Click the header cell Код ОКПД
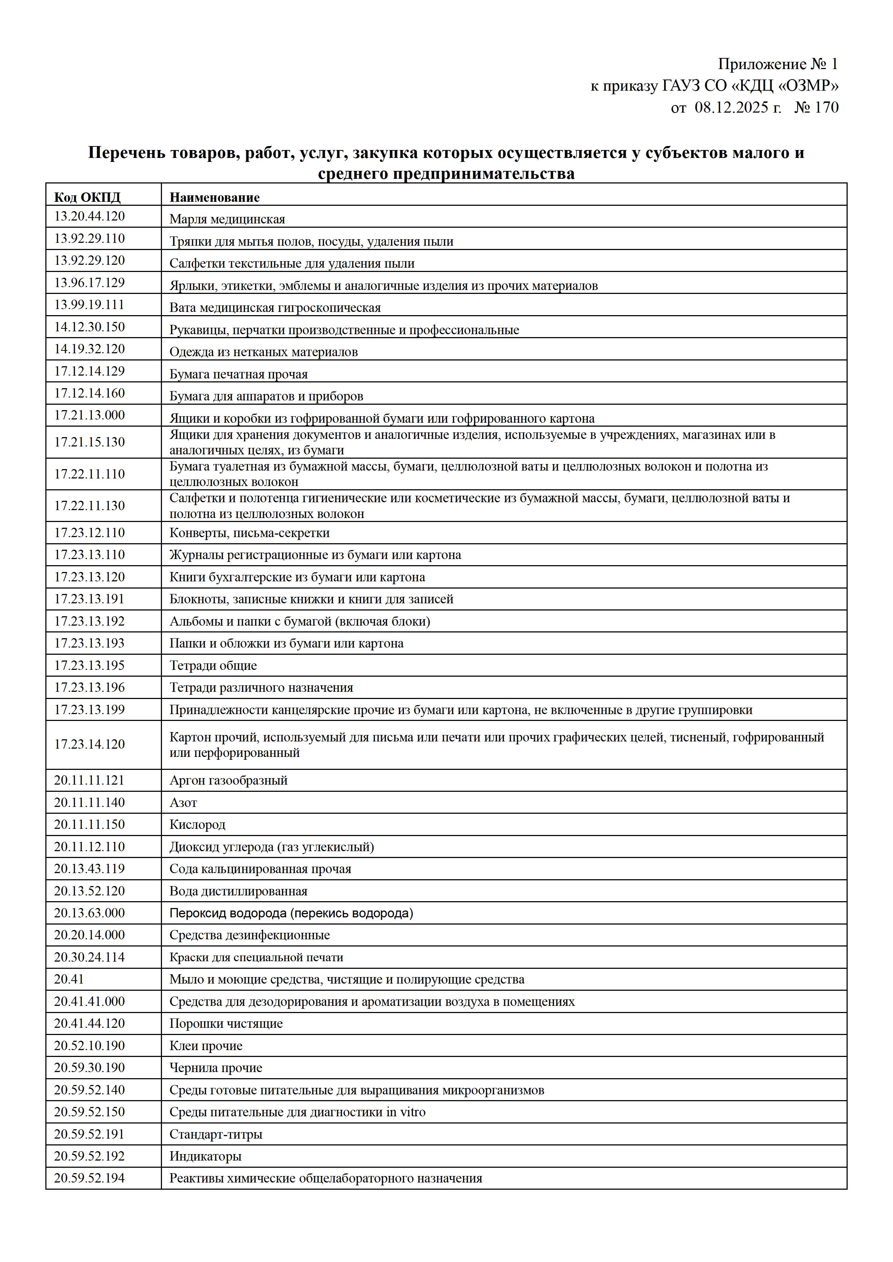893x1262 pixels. (87, 198)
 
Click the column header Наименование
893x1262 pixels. (215, 198)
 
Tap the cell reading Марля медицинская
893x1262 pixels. (227, 219)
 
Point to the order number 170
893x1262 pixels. (826, 107)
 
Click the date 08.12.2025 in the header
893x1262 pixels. (738, 107)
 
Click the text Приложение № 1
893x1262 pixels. (777, 64)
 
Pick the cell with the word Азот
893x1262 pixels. (183, 803)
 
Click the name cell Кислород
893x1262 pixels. (197, 825)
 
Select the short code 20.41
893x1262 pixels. (69, 979)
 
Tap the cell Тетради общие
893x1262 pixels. (213, 666)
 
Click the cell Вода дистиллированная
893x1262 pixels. (238, 891)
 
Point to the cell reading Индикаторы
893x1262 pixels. (205, 1156)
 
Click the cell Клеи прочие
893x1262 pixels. (206, 1045)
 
